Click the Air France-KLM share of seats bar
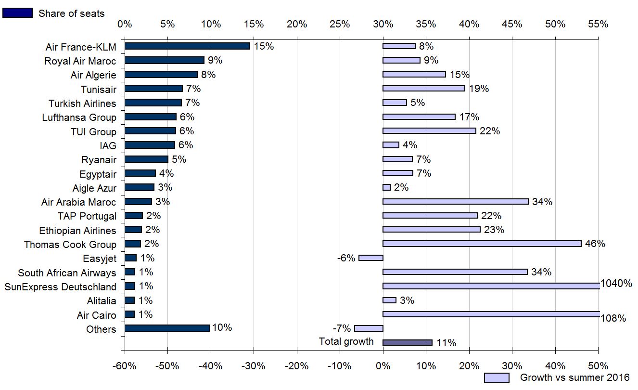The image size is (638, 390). pyautogui.click(x=187, y=46)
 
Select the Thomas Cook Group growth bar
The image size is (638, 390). pyautogui.click(x=482, y=244)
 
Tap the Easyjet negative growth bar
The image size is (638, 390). pyautogui.click(x=371, y=258)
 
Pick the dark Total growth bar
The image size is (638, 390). pyautogui.click(x=408, y=342)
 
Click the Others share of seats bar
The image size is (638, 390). pyautogui.click(x=167, y=328)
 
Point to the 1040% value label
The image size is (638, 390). pyautogui.click(x=616, y=284)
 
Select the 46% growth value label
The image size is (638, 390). pyautogui.click(x=595, y=244)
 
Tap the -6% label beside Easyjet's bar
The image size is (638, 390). pyautogui.click(x=346, y=258)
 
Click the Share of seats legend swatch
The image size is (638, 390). pyautogui.click(x=18, y=13)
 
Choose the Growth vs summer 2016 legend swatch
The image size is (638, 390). pyautogui.click(x=497, y=378)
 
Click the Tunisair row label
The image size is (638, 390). pyautogui.click(x=99, y=89)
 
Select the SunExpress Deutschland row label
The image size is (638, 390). pyautogui.click(x=60, y=287)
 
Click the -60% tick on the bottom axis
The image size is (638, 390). pyautogui.click(x=125, y=366)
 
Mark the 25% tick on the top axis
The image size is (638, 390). pyautogui.click(x=340, y=24)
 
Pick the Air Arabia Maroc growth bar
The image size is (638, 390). pyautogui.click(x=455, y=202)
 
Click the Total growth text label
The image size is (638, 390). pyautogui.click(x=346, y=341)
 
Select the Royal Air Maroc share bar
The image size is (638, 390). pyautogui.click(x=165, y=60)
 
